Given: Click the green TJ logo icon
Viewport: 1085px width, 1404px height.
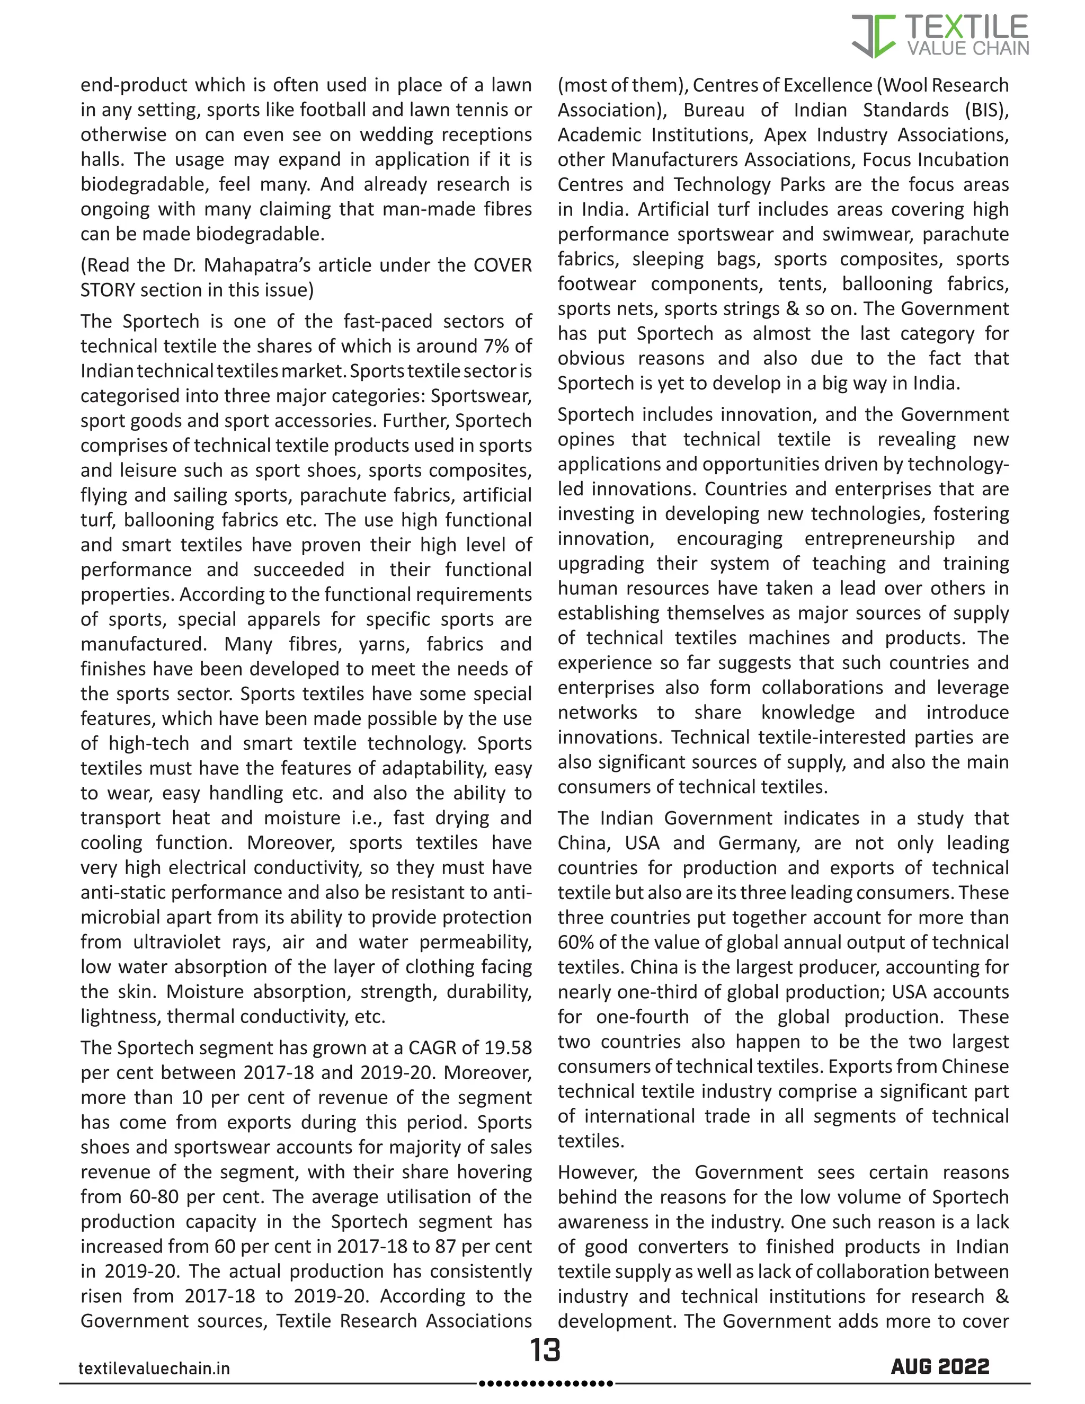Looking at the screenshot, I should (x=874, y=36).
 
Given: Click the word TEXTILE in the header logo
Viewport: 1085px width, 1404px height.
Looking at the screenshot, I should (x=966, y=28).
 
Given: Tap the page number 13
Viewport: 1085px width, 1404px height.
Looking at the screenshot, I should (x=545, y=1350).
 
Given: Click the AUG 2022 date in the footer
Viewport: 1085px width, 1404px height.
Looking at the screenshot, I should (x=940, y=1367).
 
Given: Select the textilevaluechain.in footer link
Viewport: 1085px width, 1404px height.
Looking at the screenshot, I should (x=154, y=1369).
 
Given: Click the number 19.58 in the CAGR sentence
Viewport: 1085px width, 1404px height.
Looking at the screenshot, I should (x=508, y=1048).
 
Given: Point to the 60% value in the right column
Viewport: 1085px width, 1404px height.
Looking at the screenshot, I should (x=576, y=943).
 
